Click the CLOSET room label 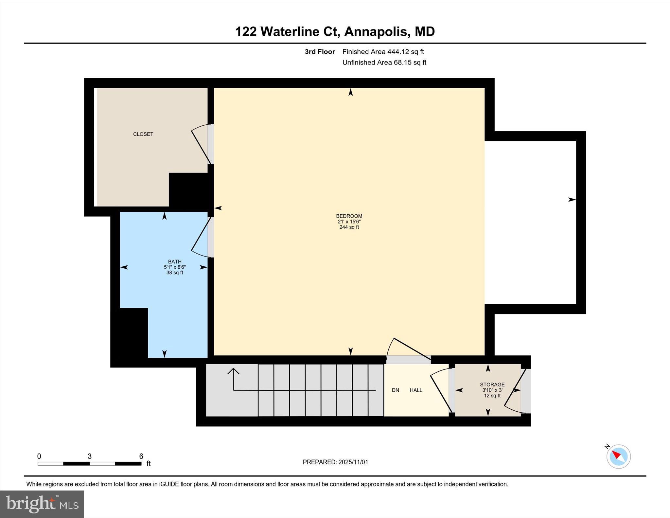[x=143, y=134]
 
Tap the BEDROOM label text [x=349, y=216]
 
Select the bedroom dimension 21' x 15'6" [x=349, y=222]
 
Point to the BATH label [x=175, y=261]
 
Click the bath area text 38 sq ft [x=175, y=273]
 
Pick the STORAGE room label [x=492, y=384]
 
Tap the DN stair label [x=396, y=390]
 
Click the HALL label [x=416, y=390]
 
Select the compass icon [x=618, y=456]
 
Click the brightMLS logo [x=42, y=504]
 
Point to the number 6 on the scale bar [x=141, y=456]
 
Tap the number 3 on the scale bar [x=89, y=456]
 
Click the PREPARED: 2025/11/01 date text [x=335, y=462]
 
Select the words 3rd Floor [x=320, y=52]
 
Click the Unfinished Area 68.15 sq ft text [x=384, y=63]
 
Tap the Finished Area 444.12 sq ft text [x=383, y=52]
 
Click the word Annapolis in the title [x=376, y=32]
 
